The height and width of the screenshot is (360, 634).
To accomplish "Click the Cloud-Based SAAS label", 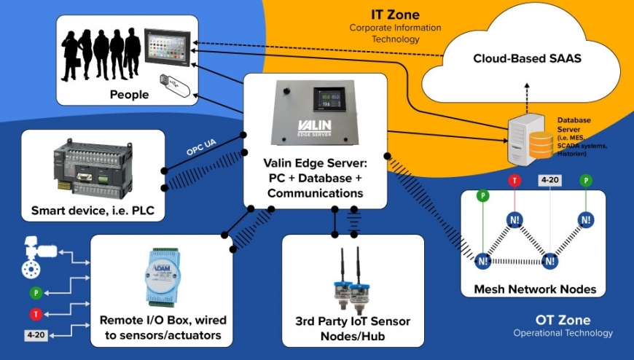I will point(527,59).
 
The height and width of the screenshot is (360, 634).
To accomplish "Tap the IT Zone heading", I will point(394,14).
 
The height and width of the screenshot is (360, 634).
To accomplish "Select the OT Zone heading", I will point(563,320).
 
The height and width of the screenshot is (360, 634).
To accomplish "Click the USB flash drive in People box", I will point(175,86).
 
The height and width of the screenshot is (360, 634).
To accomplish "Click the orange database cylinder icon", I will point(541,144).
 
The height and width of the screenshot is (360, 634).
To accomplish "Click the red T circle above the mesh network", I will point(514,180).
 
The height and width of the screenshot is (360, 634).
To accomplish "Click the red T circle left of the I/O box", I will point(34,313).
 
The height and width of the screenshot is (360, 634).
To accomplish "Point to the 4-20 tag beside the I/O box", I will point(35,336).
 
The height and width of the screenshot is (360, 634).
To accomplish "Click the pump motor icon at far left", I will point(36,257).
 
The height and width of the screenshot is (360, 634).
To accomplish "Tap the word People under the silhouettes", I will point(129,94).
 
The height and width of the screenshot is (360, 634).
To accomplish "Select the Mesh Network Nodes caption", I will point(534,289).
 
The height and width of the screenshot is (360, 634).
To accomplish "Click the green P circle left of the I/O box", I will point(34,293).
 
